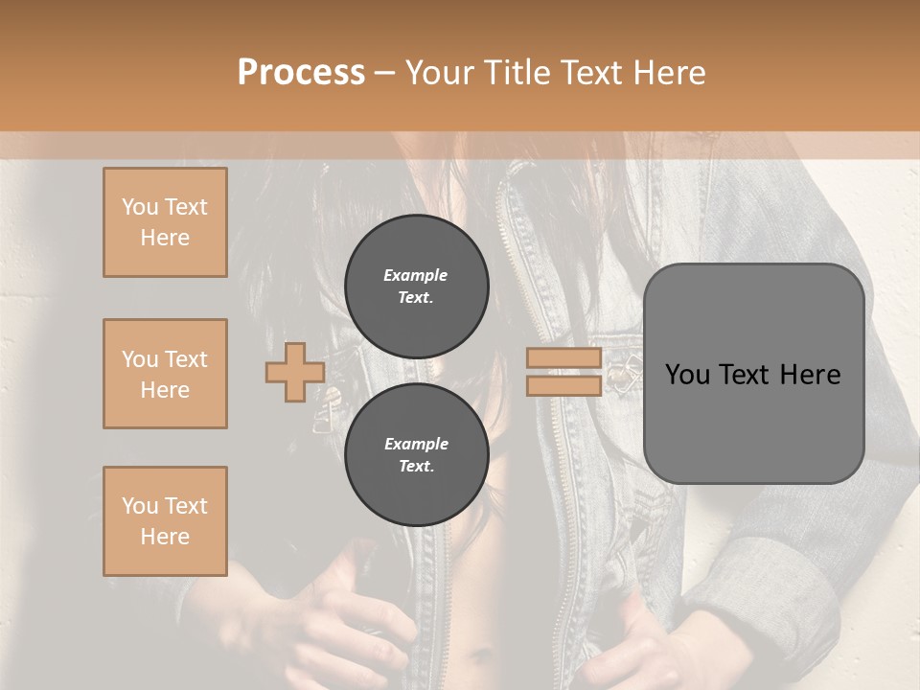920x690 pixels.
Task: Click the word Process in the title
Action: [x=301, y=73]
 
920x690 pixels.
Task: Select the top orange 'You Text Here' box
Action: [x=165, y=222]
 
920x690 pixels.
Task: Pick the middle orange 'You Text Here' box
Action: [x=165, y=374]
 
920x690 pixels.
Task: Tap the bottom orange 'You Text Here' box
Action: [x=165, y=521]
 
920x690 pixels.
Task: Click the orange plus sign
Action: [x=294, y=373]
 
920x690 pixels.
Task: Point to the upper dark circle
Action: [x=416, y=287]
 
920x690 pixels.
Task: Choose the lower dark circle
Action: [x=416, y=455]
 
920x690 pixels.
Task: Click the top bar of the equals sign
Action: [x=564, y=358]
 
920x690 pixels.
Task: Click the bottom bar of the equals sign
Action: [x=564, y=386]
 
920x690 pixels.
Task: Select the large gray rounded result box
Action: [x=753, y=374]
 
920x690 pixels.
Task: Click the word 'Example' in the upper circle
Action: [x=416, y=275]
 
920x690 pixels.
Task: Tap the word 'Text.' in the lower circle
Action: [x=416, y=467]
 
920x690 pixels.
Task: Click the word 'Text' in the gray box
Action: [x=745, y=374]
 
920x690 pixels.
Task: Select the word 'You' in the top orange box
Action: [x=139, y=207]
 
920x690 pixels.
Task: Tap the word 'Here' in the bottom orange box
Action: [x=165, y=537]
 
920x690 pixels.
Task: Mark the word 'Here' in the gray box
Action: [x=811, y=374]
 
